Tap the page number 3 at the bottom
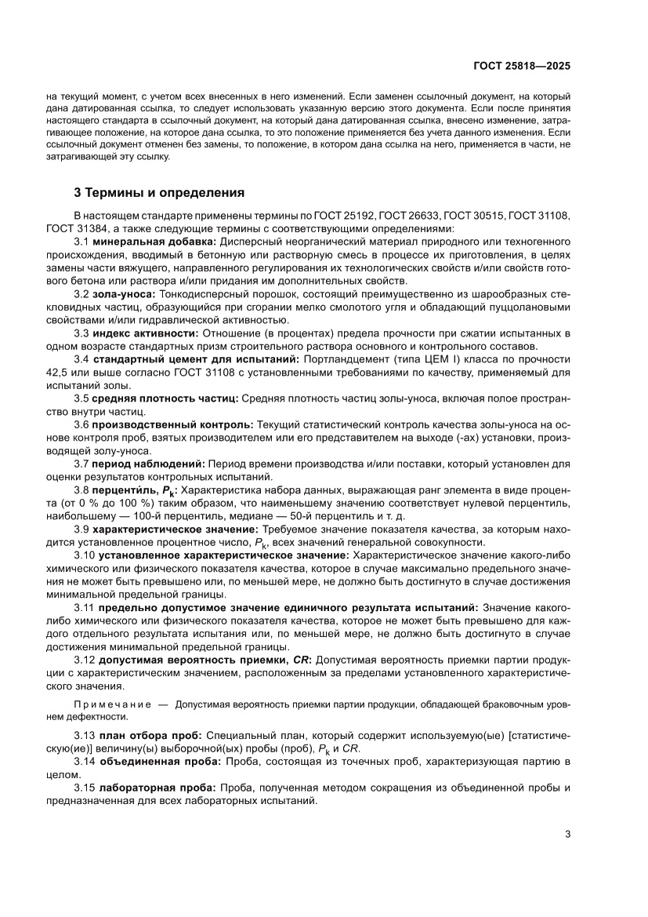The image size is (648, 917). tap(567, 834)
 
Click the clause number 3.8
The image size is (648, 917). tap(82, 489)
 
